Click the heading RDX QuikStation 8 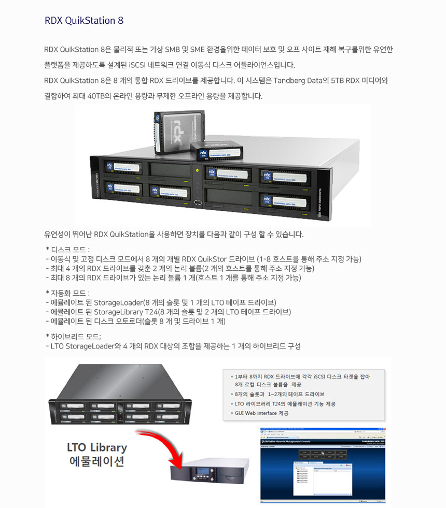(x=83, y=21)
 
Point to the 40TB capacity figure (x=97, y=96)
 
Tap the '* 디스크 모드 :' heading (x=68, y=250)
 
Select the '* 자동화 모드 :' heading (x=68, y=293)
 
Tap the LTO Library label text (x=96, y=447)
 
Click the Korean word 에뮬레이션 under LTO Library (x=96, y=462)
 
